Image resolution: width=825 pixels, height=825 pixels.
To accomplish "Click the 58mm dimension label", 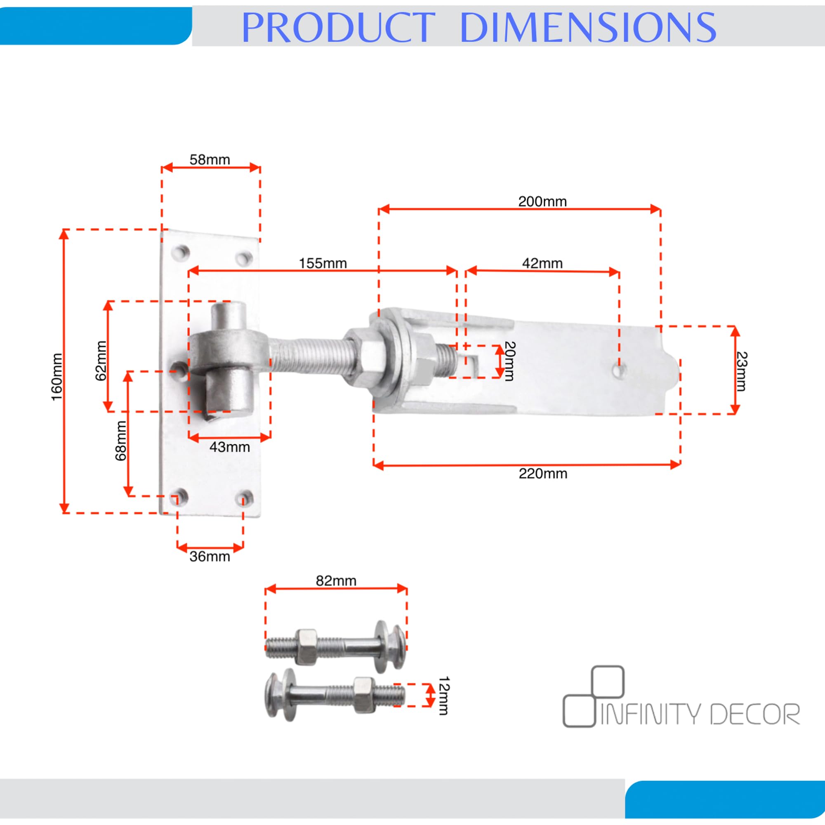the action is pos(210,160).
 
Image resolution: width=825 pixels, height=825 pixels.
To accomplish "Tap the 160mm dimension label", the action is pos(57,377).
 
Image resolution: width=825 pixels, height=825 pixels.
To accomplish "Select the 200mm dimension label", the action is pos(542,201).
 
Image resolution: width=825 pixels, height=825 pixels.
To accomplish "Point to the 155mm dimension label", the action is pos(323,263).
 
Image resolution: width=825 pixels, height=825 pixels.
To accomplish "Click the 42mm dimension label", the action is pos(542,263).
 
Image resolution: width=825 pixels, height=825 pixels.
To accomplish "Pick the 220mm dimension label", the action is pos(543,474).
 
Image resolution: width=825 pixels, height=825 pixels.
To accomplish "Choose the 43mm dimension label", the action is pos(230,447).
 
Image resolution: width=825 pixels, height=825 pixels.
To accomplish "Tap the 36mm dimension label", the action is pos(210,556).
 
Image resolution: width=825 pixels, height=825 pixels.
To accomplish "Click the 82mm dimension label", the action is pos(336,581).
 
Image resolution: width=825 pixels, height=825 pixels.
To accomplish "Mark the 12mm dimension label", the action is pos(444,695).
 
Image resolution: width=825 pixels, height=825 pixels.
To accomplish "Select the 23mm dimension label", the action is pos(742,371).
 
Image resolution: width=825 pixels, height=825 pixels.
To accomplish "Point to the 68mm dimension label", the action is pos(121,441).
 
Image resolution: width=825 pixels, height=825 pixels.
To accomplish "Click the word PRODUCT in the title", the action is pos(338,27).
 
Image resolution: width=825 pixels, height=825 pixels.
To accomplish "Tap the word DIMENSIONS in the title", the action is pos(588,27).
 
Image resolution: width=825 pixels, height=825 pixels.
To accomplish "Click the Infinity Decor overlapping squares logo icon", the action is pos(594,696).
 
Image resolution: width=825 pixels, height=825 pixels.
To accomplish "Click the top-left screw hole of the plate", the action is pos(181,252).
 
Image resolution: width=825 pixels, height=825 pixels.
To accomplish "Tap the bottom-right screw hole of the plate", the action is pos(245,498).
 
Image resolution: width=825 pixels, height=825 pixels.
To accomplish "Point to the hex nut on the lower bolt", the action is pos(364,695).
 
